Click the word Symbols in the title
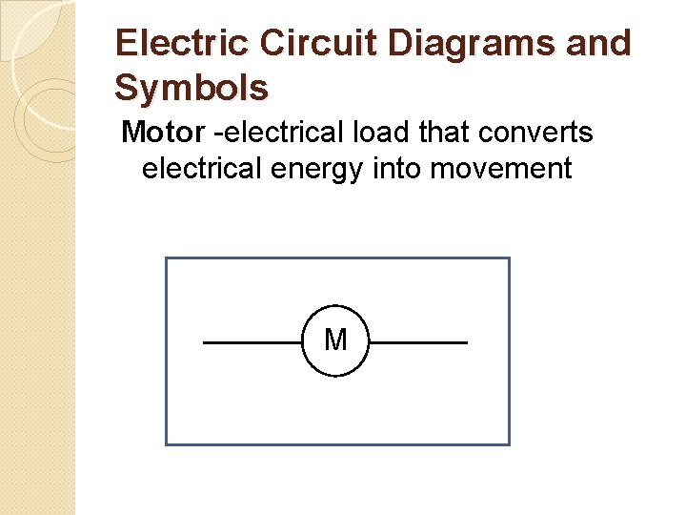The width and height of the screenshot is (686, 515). (192, 89)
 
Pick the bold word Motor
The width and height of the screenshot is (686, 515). (163, 133)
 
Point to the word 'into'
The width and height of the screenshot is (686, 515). (399, 169)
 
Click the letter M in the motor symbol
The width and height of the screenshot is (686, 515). (335, 340)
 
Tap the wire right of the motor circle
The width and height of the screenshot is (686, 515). (418, 341)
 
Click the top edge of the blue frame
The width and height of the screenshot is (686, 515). (337, 258)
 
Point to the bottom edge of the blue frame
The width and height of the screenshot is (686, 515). (337, 443)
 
